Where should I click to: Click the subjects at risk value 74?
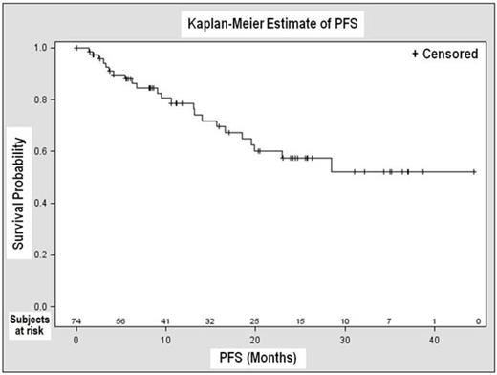coord(76,320)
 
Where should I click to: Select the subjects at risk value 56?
coord(120,320)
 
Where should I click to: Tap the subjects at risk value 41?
coord(165,320)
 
